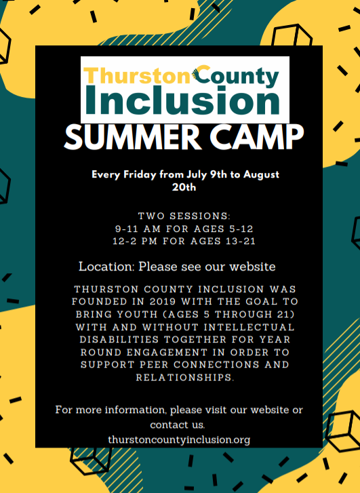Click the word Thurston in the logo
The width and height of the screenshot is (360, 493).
pyautogui.click(x=137, y=75)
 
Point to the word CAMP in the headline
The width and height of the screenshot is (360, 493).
pyautogui.click(x=256, y=138)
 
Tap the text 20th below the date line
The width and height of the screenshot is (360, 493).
pyautogui.click(x=184, y=187)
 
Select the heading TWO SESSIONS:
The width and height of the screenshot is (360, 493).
pyautogui.click(x=184, y=216)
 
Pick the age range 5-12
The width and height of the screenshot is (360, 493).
pyautogui.click(x=241, y=229)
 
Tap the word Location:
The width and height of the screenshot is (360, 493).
pyautogui.click(x=106, y=267)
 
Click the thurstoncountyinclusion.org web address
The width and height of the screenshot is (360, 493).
pyautogui.click(x=179, y=439)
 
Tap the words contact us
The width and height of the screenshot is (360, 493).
pyautogui.click(x=177, y=425)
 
